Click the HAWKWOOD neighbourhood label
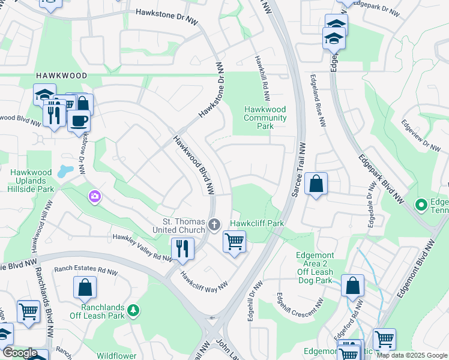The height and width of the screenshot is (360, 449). click(x=61, y=76)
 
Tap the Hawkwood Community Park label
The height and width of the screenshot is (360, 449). click(x=265, y=118)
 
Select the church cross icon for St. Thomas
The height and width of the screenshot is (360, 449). click(x=214, y=225)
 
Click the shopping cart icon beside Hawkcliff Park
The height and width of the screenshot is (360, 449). click(x=234, y=242)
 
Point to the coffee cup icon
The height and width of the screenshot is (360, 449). click(x=78, y=121)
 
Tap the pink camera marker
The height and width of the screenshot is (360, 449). click(x=94, y=196)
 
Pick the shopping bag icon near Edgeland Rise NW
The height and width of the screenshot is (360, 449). click(x=316, y=183)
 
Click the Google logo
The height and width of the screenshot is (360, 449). click(x=20, y=352)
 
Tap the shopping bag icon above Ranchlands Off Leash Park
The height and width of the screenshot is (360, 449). click(x=85, y=287)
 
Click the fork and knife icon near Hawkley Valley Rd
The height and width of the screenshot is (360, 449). click(x=182, y=248)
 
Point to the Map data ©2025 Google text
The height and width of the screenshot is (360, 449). click(x=412, y=355)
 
